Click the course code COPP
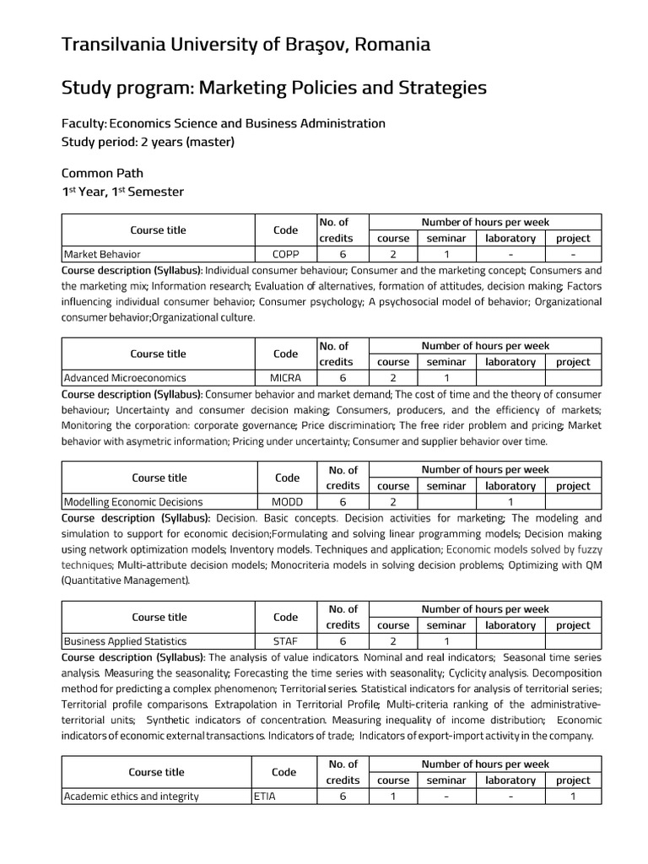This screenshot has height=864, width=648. [285, 254]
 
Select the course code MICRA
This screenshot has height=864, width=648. [285, 378]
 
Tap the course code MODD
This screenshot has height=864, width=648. [287, 501]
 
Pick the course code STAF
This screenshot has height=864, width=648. [286, 640]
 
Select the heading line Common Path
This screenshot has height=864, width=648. [99, 173]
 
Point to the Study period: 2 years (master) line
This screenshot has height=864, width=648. [148, 141]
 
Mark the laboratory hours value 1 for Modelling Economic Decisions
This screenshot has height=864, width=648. [510, 501]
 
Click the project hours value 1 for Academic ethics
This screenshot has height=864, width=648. [573, 796]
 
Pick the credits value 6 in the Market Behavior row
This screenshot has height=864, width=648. [343, 254]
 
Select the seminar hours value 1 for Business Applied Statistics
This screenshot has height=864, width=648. [446, 640]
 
